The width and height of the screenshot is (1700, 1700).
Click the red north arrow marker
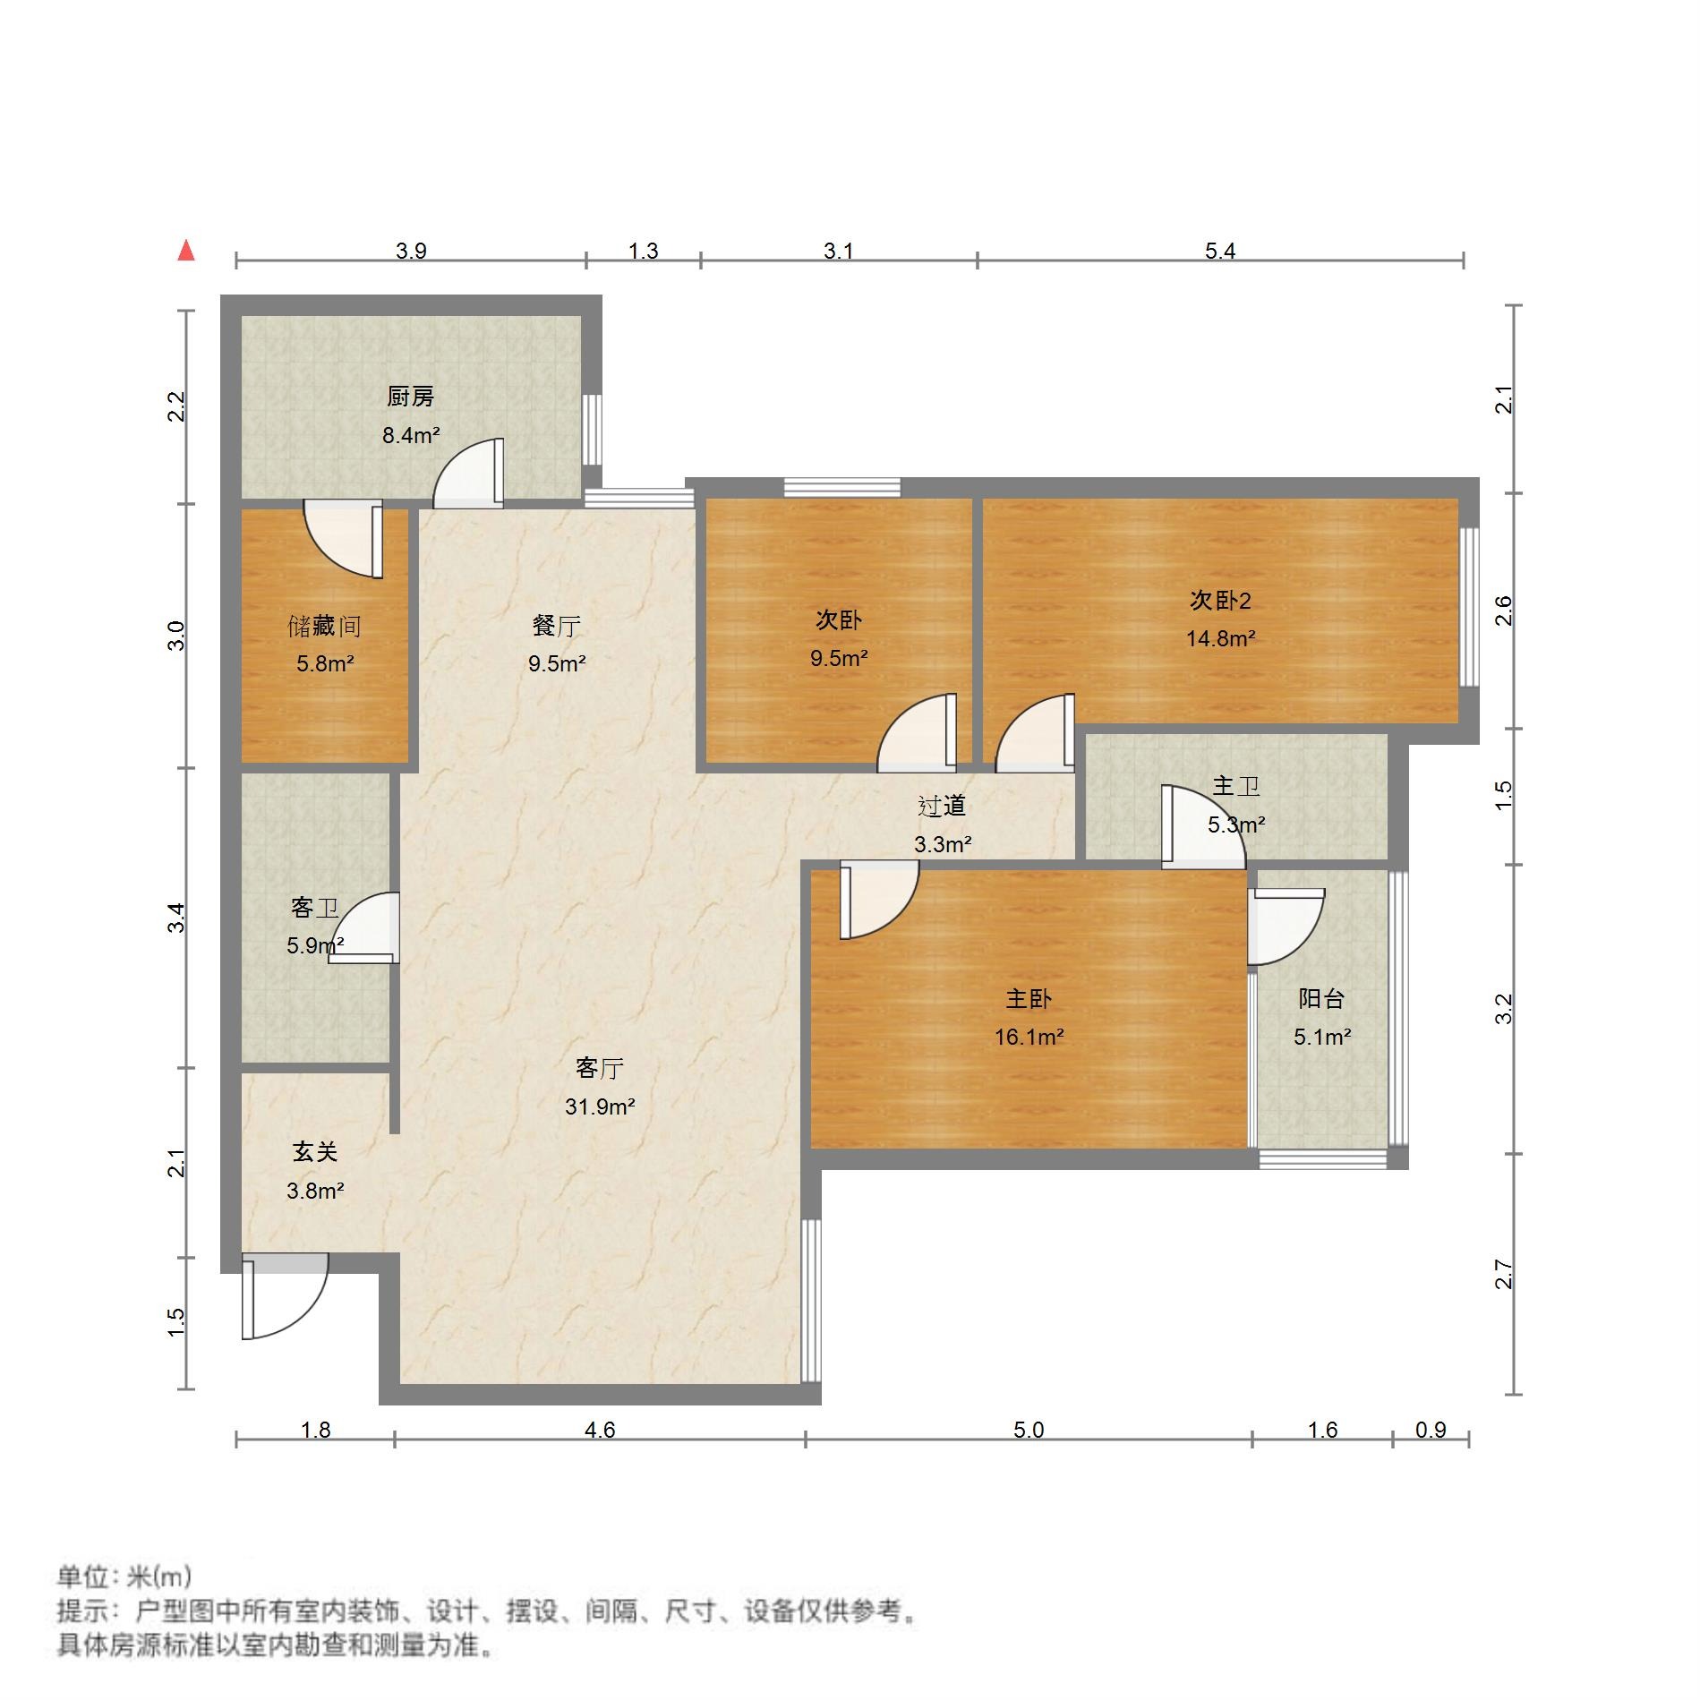tap(186, 251)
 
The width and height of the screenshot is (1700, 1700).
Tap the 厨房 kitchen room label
tap(411, 397)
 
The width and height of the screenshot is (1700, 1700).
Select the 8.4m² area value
tap(411, 436)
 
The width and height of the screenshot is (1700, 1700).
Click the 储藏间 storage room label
tap(324, 626)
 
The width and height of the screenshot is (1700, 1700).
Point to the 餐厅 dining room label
tap(557, 626)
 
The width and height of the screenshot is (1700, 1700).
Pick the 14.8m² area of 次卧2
tap(1220, 639)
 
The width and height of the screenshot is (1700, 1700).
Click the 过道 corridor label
tap(943, 807)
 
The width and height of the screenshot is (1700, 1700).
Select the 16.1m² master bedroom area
tap(1029, 1038)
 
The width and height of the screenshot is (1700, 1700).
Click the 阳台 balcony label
tap(1321, 999)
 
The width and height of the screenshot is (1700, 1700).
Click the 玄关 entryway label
tap(315, 1152)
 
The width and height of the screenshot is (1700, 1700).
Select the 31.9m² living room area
tap(600, 1107)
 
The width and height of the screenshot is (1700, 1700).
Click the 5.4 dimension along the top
tap(1220, 252)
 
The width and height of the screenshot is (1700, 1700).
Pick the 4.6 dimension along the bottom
tap(600, 1430)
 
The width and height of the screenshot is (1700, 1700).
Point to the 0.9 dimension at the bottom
tap(1431, 1430)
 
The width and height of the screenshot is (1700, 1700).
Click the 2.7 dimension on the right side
tap(1503, 1274)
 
